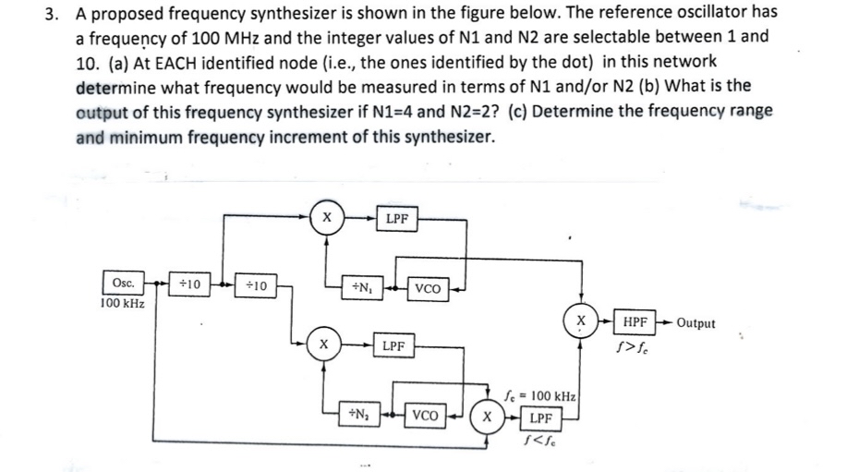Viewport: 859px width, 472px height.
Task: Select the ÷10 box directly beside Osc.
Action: pyautogui.click(x=194, y=284)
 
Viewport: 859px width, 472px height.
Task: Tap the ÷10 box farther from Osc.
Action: pyautogui.click(x=255, y=285)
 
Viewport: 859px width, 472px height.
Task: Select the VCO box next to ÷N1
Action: pyautogui.click(x=428, y=288)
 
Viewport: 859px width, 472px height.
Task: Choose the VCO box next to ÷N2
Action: pyautogui.click(x=426, y=415)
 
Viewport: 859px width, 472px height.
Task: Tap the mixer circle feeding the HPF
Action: pyautogui.click(x=581, y=321)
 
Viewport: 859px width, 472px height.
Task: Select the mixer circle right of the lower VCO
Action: pyautogui.click(x=488, y=416)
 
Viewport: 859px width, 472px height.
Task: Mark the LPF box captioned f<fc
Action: pyautogui.click(x=541, y=418)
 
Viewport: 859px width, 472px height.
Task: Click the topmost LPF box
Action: pyautogui.click(x=398, y=219)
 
